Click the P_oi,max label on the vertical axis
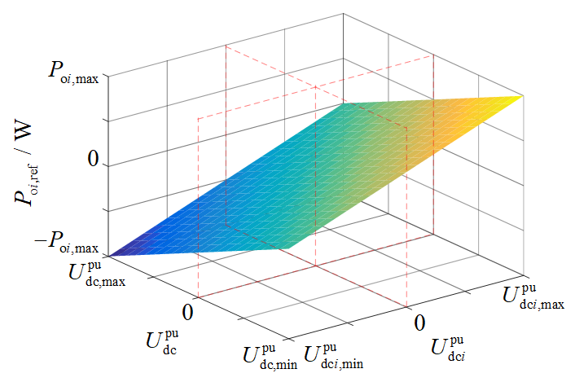74,72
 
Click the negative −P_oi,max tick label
66,244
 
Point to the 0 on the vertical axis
94,160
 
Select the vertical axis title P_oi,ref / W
24,162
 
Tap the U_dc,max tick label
97,273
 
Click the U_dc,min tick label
270,356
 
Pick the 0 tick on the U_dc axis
188,312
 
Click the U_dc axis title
162,342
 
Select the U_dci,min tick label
334,356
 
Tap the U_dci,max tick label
533,296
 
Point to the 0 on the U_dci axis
419,323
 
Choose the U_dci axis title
448,349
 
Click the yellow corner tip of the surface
523,95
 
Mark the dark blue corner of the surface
109,255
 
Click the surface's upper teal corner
344,103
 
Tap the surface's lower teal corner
288,248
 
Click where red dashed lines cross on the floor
316,266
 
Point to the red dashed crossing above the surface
316,87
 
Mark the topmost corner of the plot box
343,14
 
